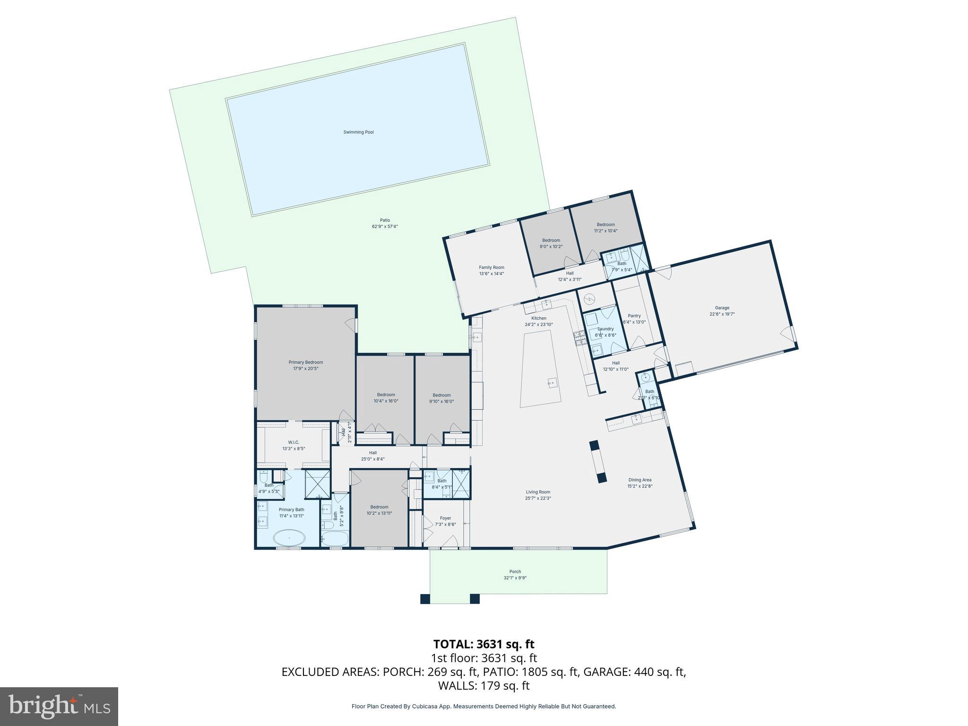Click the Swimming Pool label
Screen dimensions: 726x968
click(358, 132)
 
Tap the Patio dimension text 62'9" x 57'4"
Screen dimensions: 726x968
click(385, 226)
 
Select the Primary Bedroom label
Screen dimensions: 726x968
click(306, 363)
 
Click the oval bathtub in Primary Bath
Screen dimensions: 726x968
click(289, 538)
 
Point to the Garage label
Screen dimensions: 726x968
click(722, 308)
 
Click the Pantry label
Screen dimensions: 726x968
click(634, 316)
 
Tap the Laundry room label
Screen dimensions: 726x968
click(605, 329)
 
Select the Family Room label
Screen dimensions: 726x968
click(492, 268)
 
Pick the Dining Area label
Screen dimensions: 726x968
click(640, 480)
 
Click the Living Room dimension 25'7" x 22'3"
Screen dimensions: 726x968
click(538, 498)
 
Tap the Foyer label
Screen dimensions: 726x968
click(445, 518)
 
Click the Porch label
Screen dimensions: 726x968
click(515, 571)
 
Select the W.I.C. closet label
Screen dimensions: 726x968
click(294, 442)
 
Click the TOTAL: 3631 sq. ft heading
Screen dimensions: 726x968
click(484, 644)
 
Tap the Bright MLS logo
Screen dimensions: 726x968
click(59, 706)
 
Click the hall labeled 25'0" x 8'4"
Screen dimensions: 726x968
click(373, 456)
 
